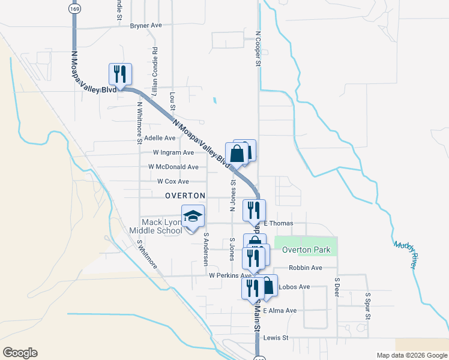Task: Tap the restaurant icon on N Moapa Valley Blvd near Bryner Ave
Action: [x=120, y=74]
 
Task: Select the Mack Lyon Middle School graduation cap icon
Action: [x=193, y=217]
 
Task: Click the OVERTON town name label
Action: [x=185, y=196]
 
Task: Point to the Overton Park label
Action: [x=306, y=250]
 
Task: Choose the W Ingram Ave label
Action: [x=173, y=152]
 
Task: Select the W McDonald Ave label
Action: [x=173, y=167]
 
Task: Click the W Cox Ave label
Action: [x=173, y=181]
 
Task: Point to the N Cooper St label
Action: [x=258, y=49]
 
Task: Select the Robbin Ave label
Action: [x=306, y=268]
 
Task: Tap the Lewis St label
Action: [x=276, y=338]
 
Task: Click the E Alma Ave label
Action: [x=280, y=310]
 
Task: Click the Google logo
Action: [x=20, y=353]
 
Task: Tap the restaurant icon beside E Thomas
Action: [x=253, y=210]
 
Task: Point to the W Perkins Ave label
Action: [x=229, y=275]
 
